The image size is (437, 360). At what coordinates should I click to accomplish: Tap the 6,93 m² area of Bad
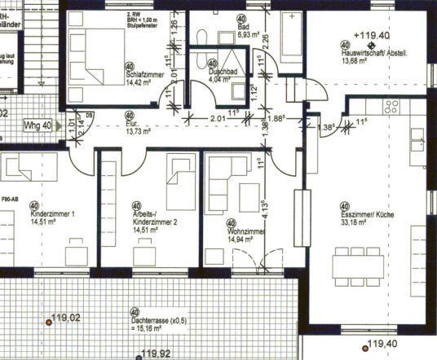tap(249, 36)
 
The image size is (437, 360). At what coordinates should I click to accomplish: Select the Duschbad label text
tap(223, 72)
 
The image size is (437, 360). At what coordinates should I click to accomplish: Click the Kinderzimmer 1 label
tap(52, 214)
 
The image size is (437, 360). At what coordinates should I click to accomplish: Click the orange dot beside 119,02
tap(48, 323)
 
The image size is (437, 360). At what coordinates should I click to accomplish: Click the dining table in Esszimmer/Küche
tap(360, 264)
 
